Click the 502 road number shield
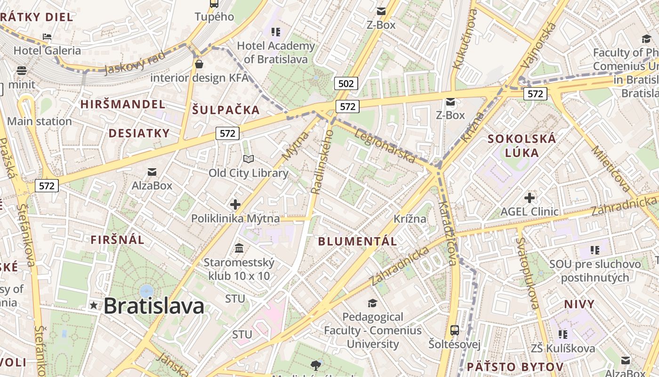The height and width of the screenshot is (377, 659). point(346,84)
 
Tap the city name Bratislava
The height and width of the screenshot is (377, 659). point(154,306)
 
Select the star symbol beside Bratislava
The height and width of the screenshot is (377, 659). point(94,305)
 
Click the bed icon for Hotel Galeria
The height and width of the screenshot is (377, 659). point(47,36)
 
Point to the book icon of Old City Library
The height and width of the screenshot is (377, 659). point(249,159)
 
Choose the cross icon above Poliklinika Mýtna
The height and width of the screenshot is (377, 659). point(235,205)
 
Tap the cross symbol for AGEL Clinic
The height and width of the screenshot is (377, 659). point(530,197)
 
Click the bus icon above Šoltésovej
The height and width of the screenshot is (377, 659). point(454,330)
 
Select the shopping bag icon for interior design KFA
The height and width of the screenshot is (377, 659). point(199,64)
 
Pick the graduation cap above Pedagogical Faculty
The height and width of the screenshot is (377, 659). point(372,303)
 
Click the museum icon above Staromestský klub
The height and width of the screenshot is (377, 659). point(239,248)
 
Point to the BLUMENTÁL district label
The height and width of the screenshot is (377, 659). point(357,241)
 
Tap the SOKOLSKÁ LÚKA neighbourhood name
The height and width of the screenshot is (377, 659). point(522,146)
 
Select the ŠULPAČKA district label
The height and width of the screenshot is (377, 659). point(226,110)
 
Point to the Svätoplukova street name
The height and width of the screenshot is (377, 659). point(527,273)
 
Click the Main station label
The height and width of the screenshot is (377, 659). point(40,121)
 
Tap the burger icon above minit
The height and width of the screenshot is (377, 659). point(22,71)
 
